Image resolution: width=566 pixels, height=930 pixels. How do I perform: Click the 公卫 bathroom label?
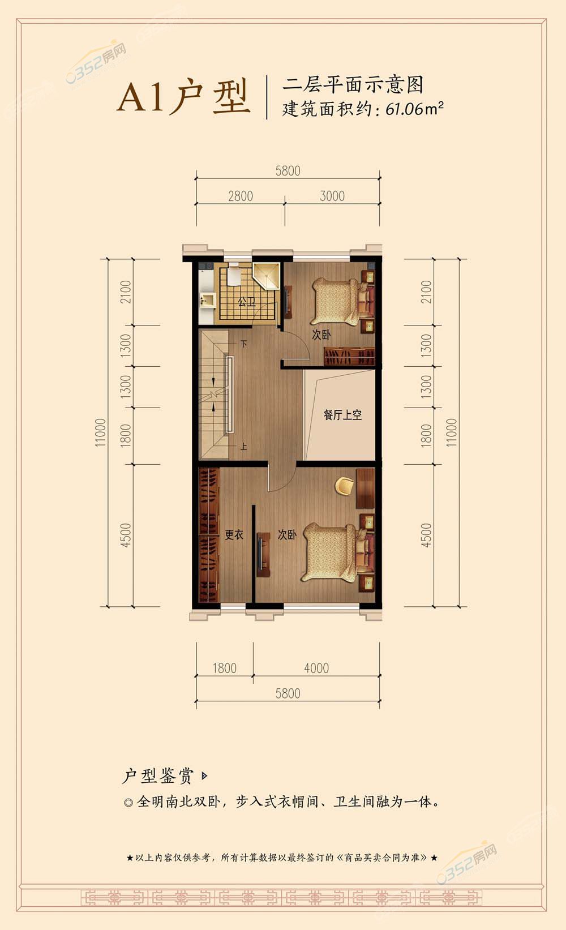[247, 302]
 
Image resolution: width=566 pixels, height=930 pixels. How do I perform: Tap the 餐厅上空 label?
[342, 415]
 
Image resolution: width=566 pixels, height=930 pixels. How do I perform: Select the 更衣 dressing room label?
[234, 534]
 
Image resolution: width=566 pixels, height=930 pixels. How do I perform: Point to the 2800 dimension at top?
[241, 196]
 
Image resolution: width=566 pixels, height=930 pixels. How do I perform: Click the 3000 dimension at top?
[332, 196]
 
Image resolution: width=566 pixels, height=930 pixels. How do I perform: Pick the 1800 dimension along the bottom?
[225, 668]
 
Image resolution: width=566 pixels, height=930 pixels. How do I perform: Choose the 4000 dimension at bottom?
[316, 668]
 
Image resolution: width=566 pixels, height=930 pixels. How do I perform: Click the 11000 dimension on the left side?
[101, 432]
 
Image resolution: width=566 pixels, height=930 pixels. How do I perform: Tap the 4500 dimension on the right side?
[426, 535]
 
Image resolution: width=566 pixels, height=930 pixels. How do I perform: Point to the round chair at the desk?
[344, 486]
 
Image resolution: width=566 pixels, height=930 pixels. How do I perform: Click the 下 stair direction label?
[244, 344]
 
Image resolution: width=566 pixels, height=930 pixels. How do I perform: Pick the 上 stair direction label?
[244, 446]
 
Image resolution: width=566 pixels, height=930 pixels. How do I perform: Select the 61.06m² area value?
[414, 109]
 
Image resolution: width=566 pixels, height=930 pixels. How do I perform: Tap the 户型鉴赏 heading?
[158, 775]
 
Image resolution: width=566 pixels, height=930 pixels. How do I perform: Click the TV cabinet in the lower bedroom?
[263, 555]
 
